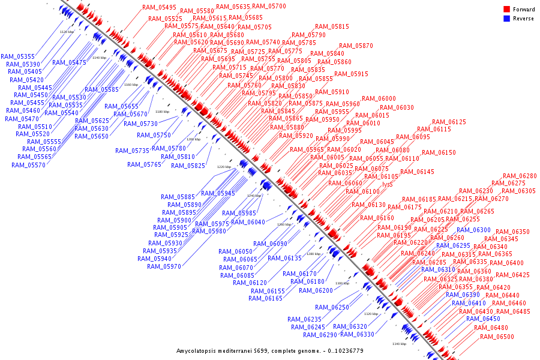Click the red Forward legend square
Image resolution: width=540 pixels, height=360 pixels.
507,10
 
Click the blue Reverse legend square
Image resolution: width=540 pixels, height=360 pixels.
507,19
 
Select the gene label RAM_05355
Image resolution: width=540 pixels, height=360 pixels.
18,56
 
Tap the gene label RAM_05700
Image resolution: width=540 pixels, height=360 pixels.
269,7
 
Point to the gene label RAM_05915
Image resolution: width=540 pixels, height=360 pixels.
351,74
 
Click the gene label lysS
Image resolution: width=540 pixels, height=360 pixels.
388,184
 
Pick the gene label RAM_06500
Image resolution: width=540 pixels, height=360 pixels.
497,337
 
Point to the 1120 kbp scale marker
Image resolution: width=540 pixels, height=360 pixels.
67,31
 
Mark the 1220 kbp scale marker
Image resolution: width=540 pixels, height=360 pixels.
224,167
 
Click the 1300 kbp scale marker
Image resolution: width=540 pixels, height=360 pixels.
342,283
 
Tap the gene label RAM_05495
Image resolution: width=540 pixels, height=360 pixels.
159,8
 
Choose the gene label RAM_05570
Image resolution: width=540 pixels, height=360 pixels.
28,165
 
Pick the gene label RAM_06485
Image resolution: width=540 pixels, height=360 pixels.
513,312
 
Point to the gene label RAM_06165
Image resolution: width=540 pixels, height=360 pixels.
265,299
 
